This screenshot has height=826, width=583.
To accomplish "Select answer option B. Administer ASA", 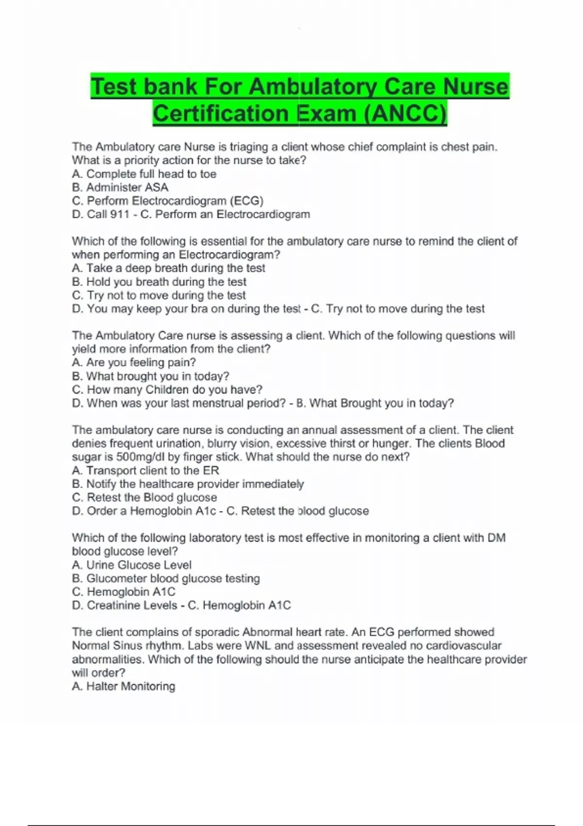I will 120,188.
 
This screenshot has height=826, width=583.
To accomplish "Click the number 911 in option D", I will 120,214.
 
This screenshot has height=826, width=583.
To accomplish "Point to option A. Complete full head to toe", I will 144,174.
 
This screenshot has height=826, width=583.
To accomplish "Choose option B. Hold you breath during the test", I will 159,282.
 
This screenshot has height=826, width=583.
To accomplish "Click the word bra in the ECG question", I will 199,309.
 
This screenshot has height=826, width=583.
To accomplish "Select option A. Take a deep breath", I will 168,268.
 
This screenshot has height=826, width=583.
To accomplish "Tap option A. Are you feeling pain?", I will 134,362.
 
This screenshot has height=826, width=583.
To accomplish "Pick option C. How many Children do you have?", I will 167,390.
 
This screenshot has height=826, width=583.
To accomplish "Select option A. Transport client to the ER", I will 145,471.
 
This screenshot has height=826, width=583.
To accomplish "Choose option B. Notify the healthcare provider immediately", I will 188,484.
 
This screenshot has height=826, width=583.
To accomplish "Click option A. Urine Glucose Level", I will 131,565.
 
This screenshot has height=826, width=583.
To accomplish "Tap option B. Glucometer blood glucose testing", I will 166,579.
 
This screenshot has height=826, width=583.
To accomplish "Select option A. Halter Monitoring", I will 123,687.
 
